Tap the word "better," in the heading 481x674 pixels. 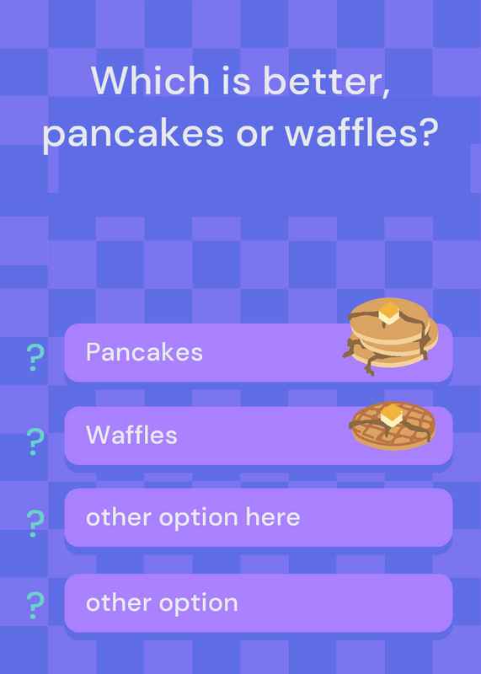coord(326,82)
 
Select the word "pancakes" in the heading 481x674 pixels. coord(133,134)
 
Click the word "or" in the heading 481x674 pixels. coord(254,135)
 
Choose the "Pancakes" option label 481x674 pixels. coord(144,352)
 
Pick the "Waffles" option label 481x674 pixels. coord(131,435)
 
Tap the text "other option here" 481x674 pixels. coord(193,517)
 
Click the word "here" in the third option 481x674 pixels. coord(273,516)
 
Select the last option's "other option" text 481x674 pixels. coord(162,602)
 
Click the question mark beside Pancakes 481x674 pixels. coord(35,357)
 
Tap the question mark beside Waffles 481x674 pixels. coord(35,441)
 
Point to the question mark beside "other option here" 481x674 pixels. coord(35,523)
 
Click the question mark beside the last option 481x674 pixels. coord(35,605)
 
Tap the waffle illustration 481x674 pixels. coord(393,425)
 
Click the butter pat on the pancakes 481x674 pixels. coord(389,313)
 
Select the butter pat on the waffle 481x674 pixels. coord(391,415)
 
